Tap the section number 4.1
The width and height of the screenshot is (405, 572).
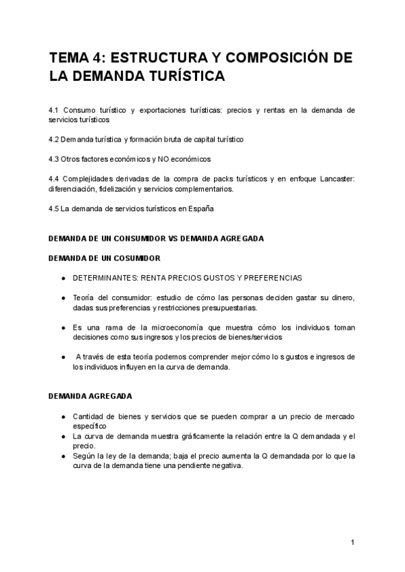point(55,109)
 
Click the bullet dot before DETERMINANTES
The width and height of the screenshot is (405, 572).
point(63,278)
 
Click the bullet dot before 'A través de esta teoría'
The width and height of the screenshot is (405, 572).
point(63,357)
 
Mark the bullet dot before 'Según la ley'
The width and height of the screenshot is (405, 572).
point(63,456)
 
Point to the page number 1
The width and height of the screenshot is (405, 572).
point(352,542)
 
